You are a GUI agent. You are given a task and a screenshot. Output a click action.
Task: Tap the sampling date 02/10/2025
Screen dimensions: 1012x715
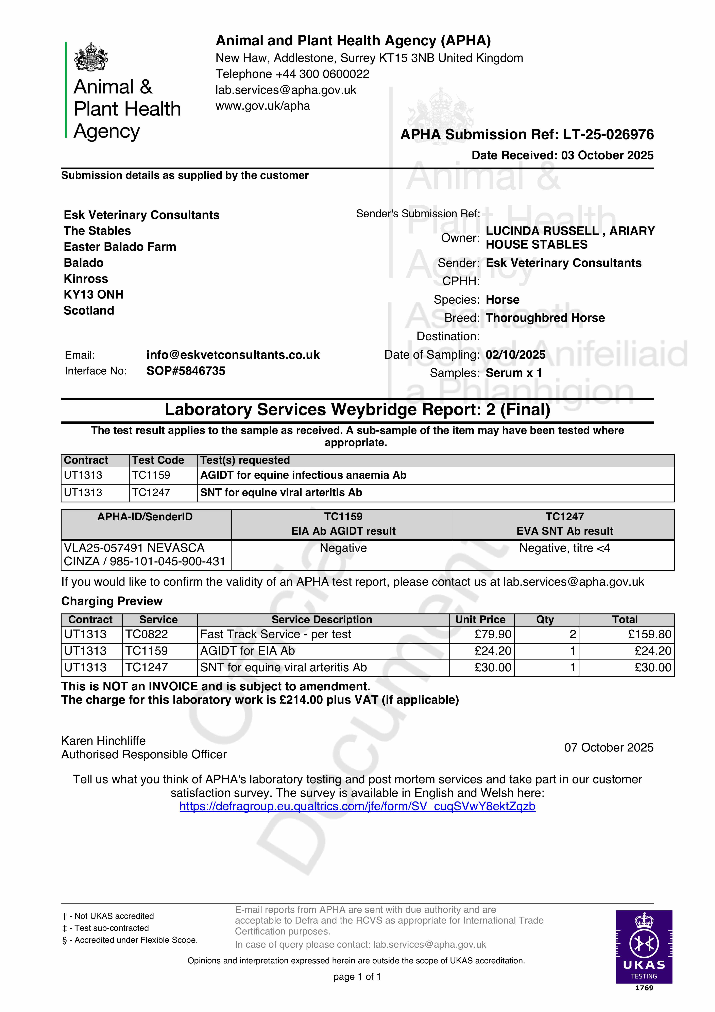(515, 355)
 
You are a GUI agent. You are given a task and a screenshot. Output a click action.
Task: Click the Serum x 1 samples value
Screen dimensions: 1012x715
(514, 373)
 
